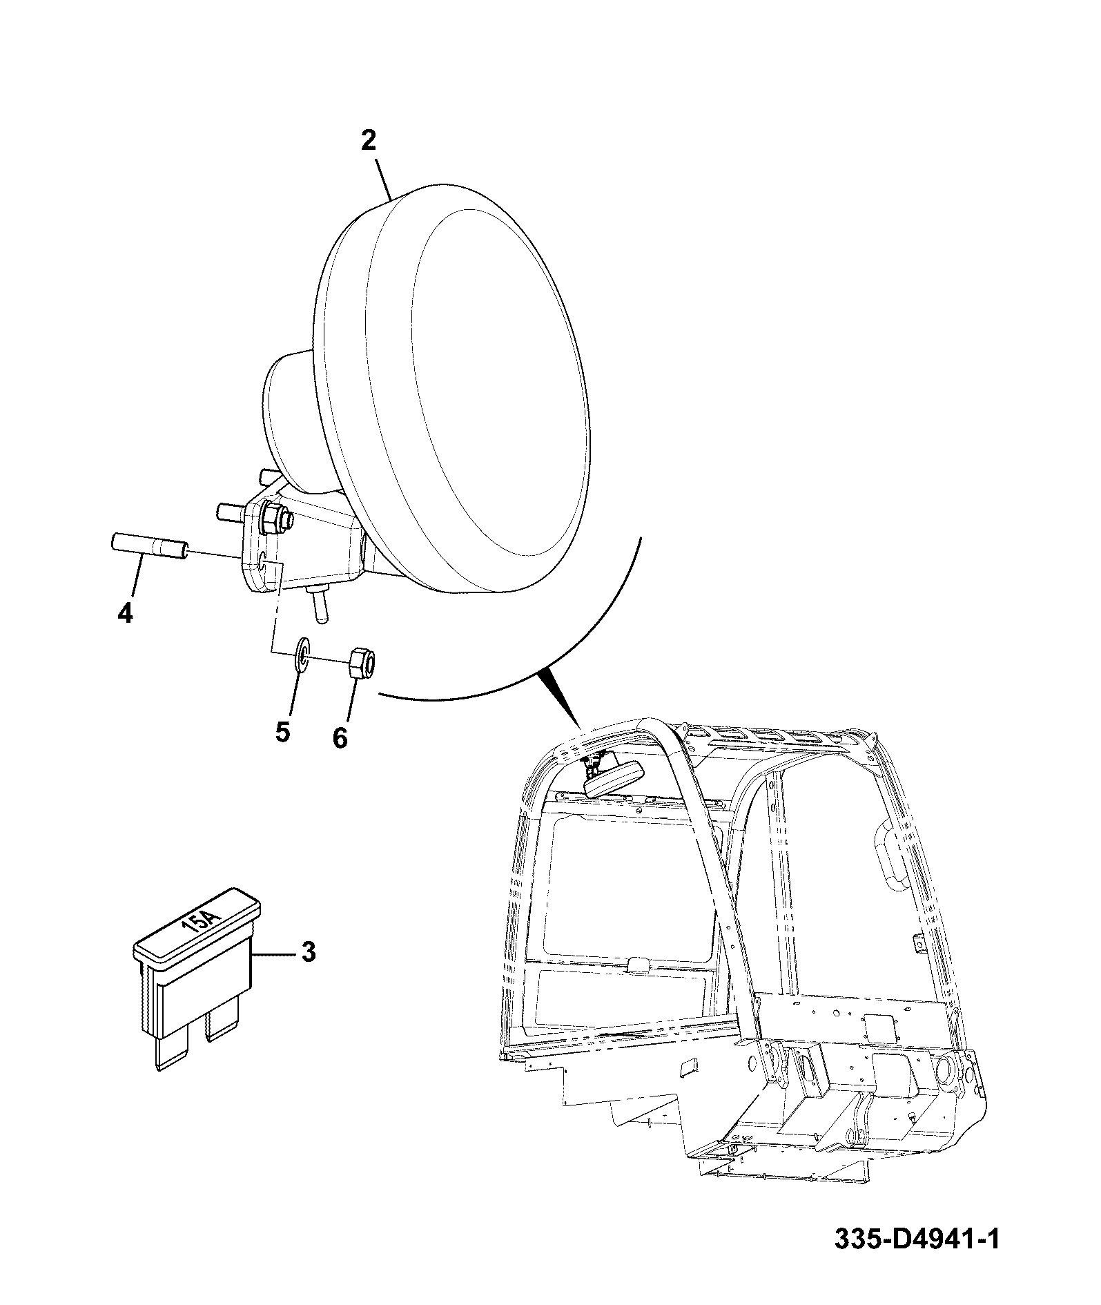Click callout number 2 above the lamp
(369, 141)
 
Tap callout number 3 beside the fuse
(309, 952)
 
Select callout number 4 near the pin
(125, 612)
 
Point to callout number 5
(282, 731)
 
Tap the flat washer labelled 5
(302, 654)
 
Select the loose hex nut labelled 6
(362, 664)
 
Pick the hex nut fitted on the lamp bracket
(276, 519)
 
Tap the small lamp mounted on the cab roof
(614, 778)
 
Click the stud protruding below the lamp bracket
(320, 606)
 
